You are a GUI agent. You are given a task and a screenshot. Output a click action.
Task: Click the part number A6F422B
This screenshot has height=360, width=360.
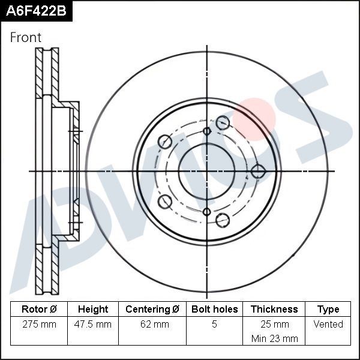(x=35, y=10)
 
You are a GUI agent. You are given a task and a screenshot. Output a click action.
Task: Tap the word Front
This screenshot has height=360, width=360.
(x=26, y=37)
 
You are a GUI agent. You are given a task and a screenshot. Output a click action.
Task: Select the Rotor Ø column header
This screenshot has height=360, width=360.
(x=38, y=310)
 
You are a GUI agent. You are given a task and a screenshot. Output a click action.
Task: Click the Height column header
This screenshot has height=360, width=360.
(x=93, y=310)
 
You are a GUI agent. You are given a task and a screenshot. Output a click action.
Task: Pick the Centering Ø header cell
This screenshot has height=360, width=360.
(x=152, y=310)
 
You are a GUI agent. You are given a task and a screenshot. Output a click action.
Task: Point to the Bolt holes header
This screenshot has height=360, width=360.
(x=214, y=310)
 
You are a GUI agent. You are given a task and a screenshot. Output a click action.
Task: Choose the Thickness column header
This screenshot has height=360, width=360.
(x=274, y=310)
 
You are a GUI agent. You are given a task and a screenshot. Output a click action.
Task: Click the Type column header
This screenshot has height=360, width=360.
(x=328, y=310)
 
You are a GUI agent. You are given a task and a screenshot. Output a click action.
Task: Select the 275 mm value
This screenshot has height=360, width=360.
(x=38, y=325)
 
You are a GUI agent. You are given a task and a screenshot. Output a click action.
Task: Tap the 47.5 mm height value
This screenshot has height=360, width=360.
(x=93, y=325)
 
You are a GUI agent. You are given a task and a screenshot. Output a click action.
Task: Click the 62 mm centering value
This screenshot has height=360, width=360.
(x=152, y=325)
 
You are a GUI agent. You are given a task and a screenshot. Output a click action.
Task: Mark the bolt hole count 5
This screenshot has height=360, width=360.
(x=214, y=325)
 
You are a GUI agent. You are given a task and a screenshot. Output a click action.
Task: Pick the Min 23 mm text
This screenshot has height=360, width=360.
(x=274, y=338)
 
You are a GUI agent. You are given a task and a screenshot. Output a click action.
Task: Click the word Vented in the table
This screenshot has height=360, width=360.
(x=328, y=325)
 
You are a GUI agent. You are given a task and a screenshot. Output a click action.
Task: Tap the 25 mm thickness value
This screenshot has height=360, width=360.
(x=274, y=325)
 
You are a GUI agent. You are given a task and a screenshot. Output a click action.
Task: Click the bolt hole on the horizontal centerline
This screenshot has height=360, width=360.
(x=258, y=171)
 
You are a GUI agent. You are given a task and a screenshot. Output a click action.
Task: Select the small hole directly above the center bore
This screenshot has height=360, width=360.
(x=207, y=131)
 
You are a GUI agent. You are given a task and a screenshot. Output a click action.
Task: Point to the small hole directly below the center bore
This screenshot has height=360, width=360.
(x=207, y=211)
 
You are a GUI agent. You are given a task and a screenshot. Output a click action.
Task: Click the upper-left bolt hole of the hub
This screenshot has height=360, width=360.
(x=164, y=142)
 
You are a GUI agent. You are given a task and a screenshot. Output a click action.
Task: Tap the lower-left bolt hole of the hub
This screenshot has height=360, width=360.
(x=164, y=201)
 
